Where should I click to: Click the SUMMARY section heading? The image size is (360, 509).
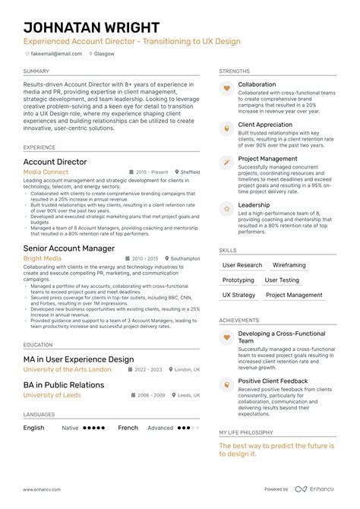tap(37, 71)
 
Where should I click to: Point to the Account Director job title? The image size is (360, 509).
tap(55, 162)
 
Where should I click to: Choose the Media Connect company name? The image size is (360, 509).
tap(46, 172)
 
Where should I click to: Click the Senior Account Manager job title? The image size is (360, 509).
tap(69, 248)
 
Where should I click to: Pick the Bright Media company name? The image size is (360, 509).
tap(43, 259)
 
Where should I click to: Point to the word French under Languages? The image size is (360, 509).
tap(128, 428)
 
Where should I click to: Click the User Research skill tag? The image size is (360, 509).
tap(242, 265)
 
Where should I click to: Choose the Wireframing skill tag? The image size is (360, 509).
tap(289, 265)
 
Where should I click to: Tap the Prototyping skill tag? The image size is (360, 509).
tap(238, 280)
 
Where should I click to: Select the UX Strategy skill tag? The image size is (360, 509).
tap(238, 295)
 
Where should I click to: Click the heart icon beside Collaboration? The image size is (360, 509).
tap(226, 89)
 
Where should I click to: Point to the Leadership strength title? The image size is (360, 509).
tap(254, 205)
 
